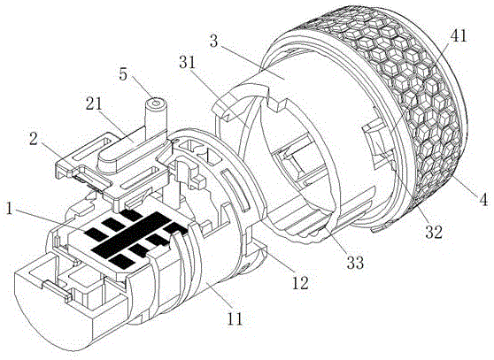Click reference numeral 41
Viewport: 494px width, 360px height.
[458, 36]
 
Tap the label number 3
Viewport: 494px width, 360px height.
[213, 42]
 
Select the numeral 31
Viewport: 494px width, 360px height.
[188, 63]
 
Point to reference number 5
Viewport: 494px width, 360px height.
[123, 74]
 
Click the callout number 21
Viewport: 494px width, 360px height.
[94, 103]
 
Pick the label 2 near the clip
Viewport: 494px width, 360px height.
[34, 140]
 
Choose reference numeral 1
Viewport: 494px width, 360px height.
[10, 209]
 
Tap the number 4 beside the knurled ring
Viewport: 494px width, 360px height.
[483, 199]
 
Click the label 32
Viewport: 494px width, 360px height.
[434, 232]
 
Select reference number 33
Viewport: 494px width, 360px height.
[355, 262]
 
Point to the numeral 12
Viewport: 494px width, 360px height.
[300, 283]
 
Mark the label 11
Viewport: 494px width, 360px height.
[235, 318]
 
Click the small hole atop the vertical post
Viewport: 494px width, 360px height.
[155, 103]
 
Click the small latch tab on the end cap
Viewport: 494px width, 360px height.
[57, 290]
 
